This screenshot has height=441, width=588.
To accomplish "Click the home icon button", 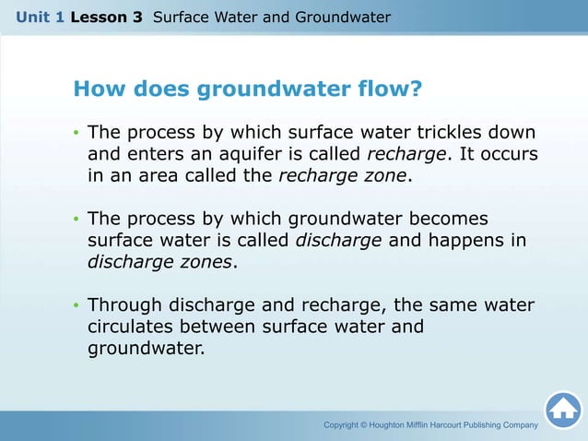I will tap(562, 411).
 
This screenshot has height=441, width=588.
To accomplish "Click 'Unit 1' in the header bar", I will tap(40, 18).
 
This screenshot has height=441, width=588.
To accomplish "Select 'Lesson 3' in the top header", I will tap(106, 18).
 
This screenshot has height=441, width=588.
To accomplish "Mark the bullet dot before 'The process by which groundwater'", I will tap(76, 220).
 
